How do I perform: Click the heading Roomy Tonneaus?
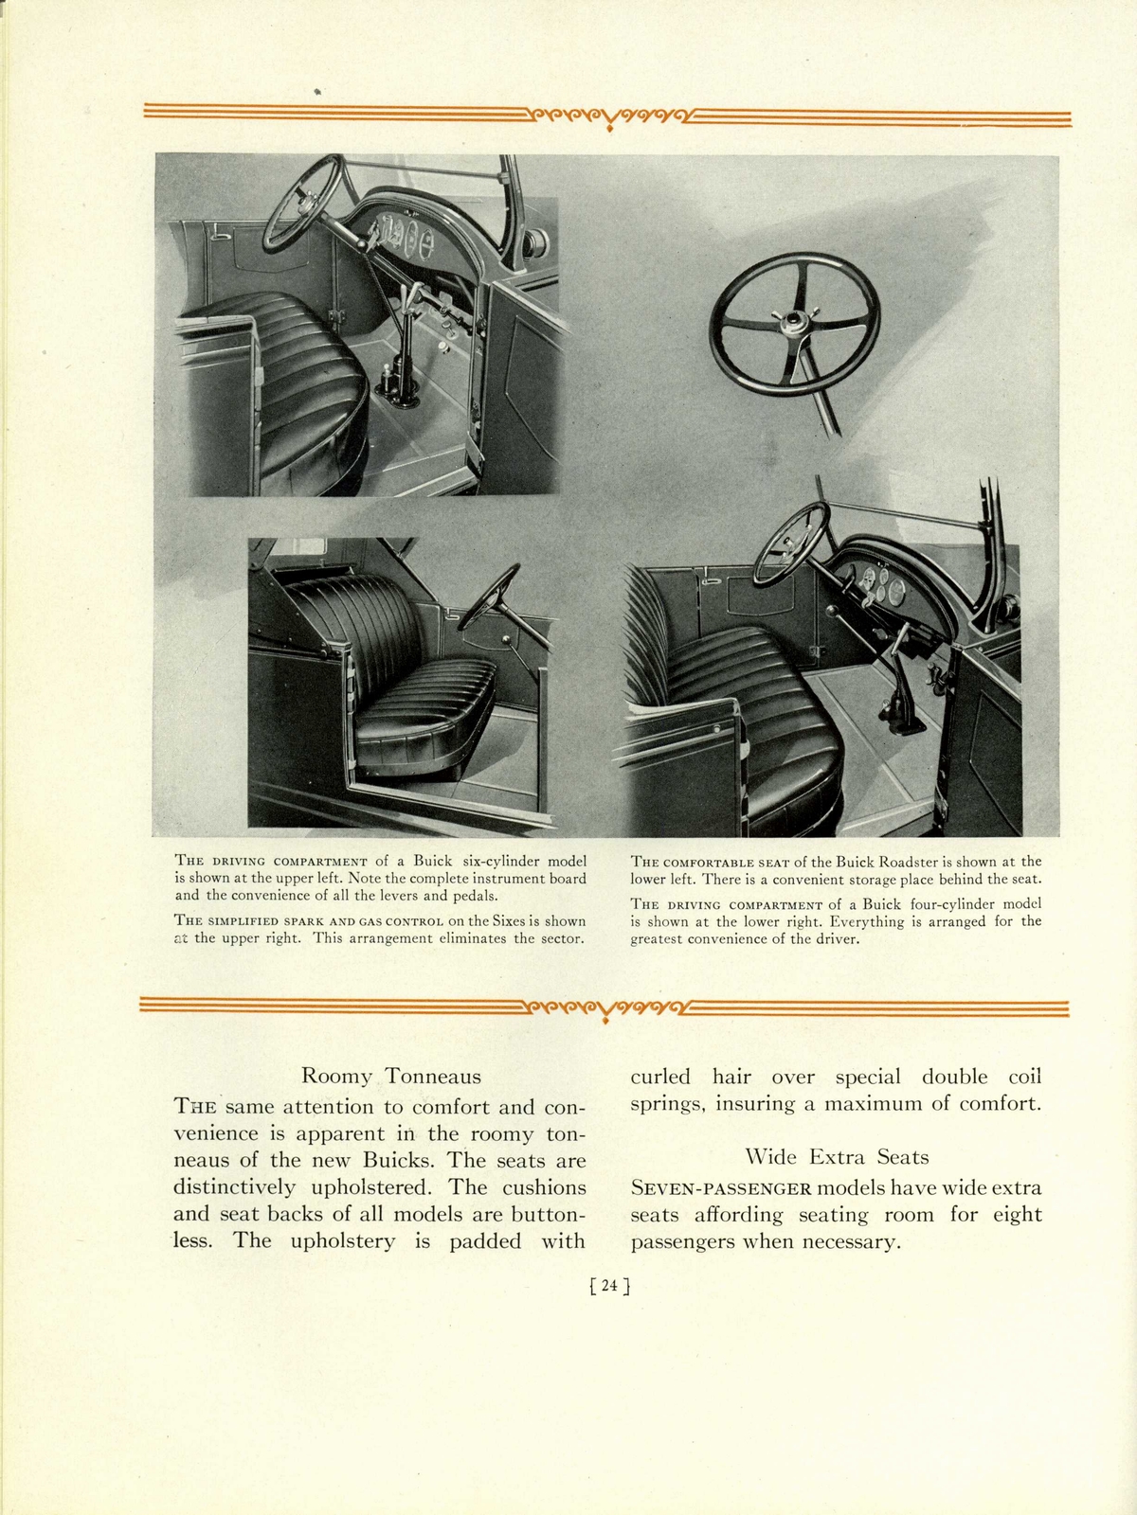click(390, 1077)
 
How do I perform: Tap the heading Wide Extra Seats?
click(837, 1157)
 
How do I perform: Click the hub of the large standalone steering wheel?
click(792, 324)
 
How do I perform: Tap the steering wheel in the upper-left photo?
click(302, 204)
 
